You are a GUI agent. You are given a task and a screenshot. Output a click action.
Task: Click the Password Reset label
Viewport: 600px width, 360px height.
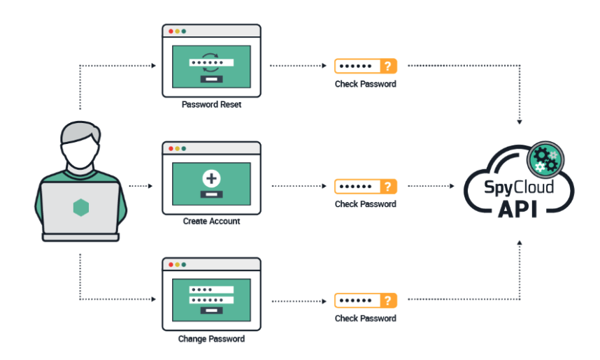211,105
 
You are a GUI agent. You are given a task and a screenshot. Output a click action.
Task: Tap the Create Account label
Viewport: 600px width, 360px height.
211,222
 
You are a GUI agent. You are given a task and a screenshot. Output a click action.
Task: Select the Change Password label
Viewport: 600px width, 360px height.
211,339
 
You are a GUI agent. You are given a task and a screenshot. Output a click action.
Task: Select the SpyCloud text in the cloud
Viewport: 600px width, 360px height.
519,188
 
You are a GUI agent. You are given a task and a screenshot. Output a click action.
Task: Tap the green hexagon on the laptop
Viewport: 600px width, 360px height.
80,208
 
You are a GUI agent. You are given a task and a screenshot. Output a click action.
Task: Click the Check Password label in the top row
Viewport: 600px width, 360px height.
366,85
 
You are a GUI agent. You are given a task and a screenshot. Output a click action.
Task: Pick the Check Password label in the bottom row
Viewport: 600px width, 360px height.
366,319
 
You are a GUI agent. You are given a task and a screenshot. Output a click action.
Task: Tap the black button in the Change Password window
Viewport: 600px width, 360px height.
211,311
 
